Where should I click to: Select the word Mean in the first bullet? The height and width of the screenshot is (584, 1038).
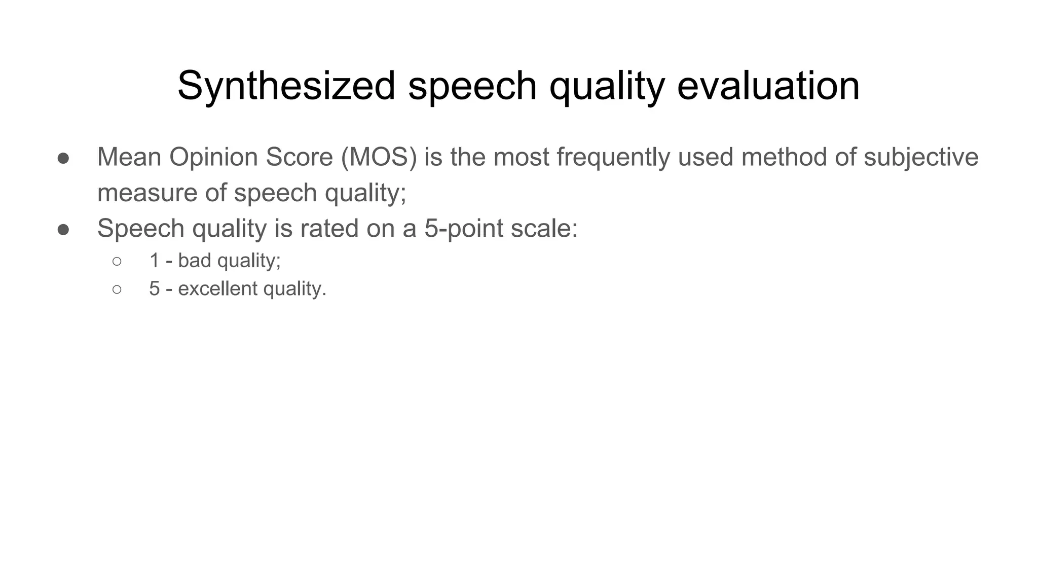point(129,157)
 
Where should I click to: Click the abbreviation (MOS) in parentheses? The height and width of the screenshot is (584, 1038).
point(379,157)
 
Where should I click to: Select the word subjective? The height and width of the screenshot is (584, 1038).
point(921,157)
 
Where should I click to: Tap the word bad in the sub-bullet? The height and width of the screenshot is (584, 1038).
point(195,261)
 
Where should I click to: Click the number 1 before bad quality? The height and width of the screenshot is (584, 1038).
point(155,261)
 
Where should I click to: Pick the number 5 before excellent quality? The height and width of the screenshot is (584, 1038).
point(155,289)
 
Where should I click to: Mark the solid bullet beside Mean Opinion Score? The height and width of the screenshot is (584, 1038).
point(63,158)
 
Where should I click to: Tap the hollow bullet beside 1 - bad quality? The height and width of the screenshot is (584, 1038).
point(117,262)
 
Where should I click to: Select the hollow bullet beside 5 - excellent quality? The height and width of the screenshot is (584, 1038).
point(117,290)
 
